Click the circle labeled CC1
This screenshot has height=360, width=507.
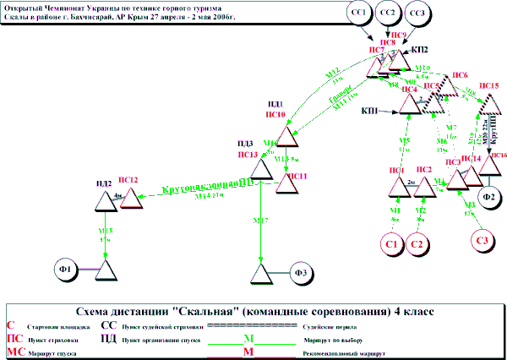click(359, 14)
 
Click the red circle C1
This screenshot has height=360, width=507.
click(391, 244)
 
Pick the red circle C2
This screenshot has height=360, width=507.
click(416, 244)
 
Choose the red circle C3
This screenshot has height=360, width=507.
click(482, 241)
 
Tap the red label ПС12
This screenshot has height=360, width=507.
click(128, 179)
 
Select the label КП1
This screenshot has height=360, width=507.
click(369, 111)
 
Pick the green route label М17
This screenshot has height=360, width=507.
click(262, 221)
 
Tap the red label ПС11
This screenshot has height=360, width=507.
click(297, 176)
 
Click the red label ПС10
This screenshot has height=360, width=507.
click(275, 112)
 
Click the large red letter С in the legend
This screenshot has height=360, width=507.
click(10, 324)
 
